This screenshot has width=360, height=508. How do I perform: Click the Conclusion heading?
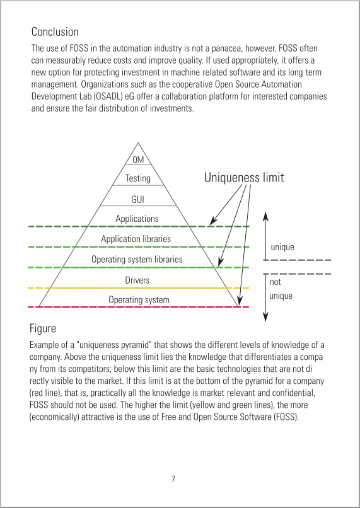[55, 32]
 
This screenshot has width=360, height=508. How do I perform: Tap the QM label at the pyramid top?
[138, 159]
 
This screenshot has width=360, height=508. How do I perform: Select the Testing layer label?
[138, 178]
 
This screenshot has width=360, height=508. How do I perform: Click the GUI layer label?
[137, 199]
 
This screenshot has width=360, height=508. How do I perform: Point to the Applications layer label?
[137, 219]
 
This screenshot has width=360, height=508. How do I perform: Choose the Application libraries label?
[136, 239]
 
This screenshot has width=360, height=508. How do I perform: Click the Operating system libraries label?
[137, 259]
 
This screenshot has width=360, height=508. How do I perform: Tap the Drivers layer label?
[137, 280]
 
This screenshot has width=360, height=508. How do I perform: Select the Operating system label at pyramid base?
[139, 299]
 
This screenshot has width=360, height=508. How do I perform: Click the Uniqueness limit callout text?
[244, 177]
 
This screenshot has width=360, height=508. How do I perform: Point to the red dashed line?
[139, 307]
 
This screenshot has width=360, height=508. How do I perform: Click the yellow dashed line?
[139, 287]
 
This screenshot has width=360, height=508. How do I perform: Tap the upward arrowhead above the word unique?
[265, 216]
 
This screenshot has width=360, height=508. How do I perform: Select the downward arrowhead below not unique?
[265, 317]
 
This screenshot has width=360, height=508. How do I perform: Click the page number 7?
[173, 479]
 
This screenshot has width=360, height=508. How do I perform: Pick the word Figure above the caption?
[43, 328]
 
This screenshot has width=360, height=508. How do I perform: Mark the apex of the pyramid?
[138, 143]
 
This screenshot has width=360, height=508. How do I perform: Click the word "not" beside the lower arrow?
[276, 282]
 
